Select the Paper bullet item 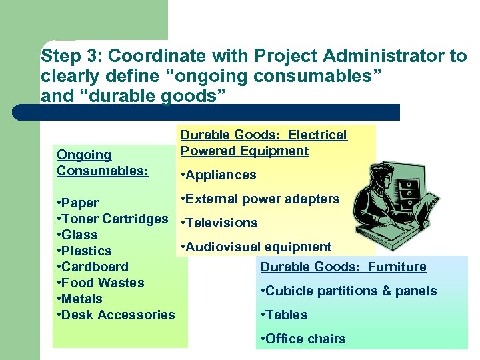(79, 203)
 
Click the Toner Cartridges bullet (113, 219)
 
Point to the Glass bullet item (78, 235)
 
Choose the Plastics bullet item (85, 251)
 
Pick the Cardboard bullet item (93, 267)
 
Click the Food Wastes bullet (101, 283)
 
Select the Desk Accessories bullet (117, 315)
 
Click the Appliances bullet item (219, 175)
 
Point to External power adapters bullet (260, 199)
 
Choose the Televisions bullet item (219, 223)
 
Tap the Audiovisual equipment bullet (256, 247)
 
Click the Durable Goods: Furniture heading (343, 267)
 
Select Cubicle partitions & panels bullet (349, 291)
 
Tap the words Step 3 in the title (63, 56)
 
